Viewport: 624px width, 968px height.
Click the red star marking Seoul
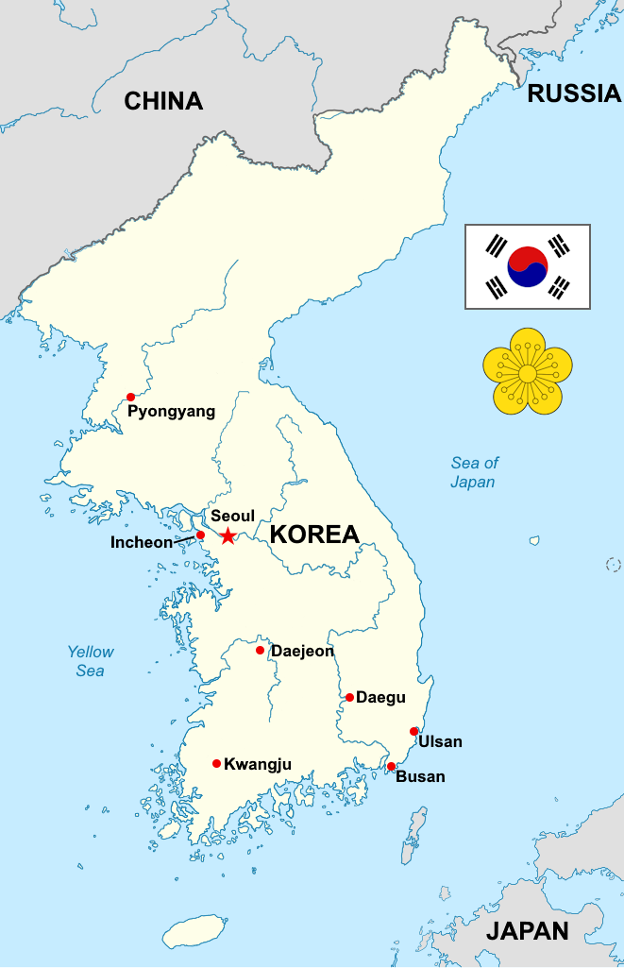click(228, 536)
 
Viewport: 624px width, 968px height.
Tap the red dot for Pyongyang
click(130, 397)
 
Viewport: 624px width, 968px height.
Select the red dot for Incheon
click(200, 535)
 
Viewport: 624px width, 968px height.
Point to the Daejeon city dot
click(260, 650)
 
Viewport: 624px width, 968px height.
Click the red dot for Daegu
click(349, 697)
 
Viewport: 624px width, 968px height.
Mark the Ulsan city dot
click(413, 731)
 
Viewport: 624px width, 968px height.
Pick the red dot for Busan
click(391, 766)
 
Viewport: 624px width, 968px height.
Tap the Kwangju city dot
click(216, 763)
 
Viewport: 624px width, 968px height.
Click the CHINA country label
click(163, 101)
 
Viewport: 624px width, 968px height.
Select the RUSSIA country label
click(574, 93)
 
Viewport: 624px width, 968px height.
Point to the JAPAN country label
click(527, 930)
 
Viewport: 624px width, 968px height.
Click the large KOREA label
click(314, 535)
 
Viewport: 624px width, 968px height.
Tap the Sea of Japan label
click(473, 472)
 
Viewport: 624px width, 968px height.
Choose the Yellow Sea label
click(91, 661)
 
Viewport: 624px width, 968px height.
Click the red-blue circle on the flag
click(527, 267)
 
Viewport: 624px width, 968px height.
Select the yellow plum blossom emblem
click(528, 371)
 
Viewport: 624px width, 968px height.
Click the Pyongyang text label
click(171, 412)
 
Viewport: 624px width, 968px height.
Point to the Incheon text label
click(142, 542)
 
